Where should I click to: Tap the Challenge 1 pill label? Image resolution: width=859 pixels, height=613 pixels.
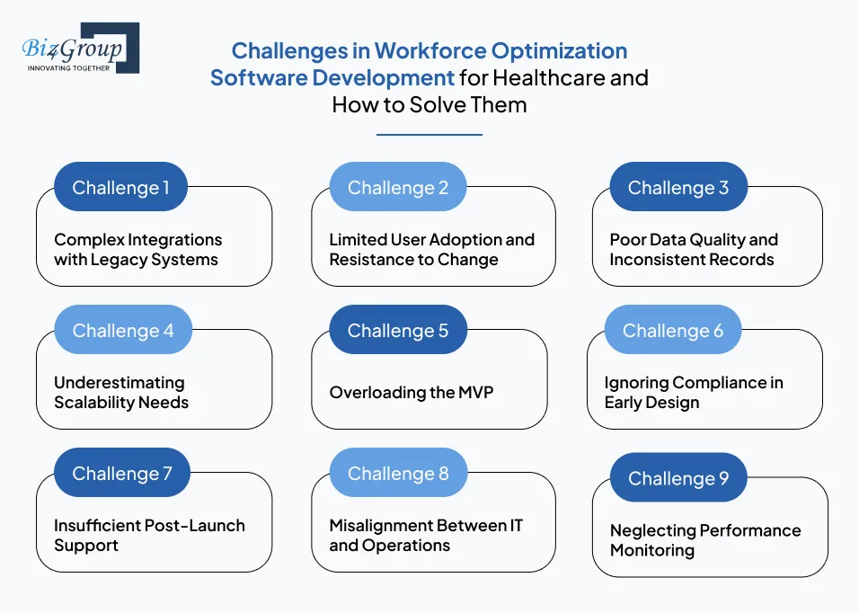point(120,188)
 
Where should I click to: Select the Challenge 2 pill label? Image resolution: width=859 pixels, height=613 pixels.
point(397,188)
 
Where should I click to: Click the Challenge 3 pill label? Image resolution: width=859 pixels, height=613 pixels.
point(677,188)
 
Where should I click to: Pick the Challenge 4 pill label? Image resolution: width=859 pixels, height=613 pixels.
point(123,331)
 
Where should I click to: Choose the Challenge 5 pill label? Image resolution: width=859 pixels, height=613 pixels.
point(397,331)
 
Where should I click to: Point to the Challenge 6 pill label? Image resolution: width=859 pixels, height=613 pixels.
point(672,331)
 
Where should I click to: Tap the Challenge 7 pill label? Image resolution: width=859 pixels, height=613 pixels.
point(121,474)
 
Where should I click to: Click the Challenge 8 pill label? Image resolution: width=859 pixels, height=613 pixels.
point(397,474)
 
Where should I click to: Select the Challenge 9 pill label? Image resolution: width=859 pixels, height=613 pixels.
point(677,478)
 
